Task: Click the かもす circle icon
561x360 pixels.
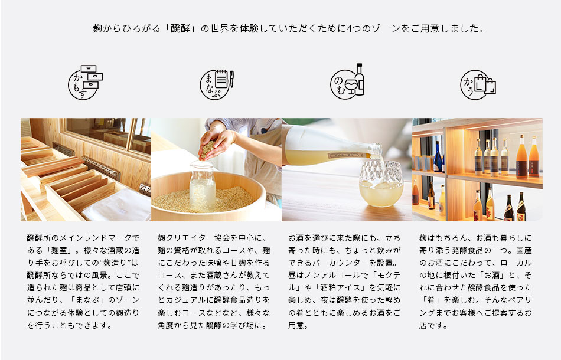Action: click(x=86, y=82)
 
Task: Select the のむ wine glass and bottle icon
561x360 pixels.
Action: click(x=347, y=81)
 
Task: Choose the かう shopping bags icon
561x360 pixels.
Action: click(x=478, y=85)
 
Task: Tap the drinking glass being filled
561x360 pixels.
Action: click(x=381, y=183)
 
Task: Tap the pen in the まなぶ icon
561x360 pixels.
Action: click(x=231, y=79)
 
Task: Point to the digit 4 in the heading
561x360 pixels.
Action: click(x=350, y=28)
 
